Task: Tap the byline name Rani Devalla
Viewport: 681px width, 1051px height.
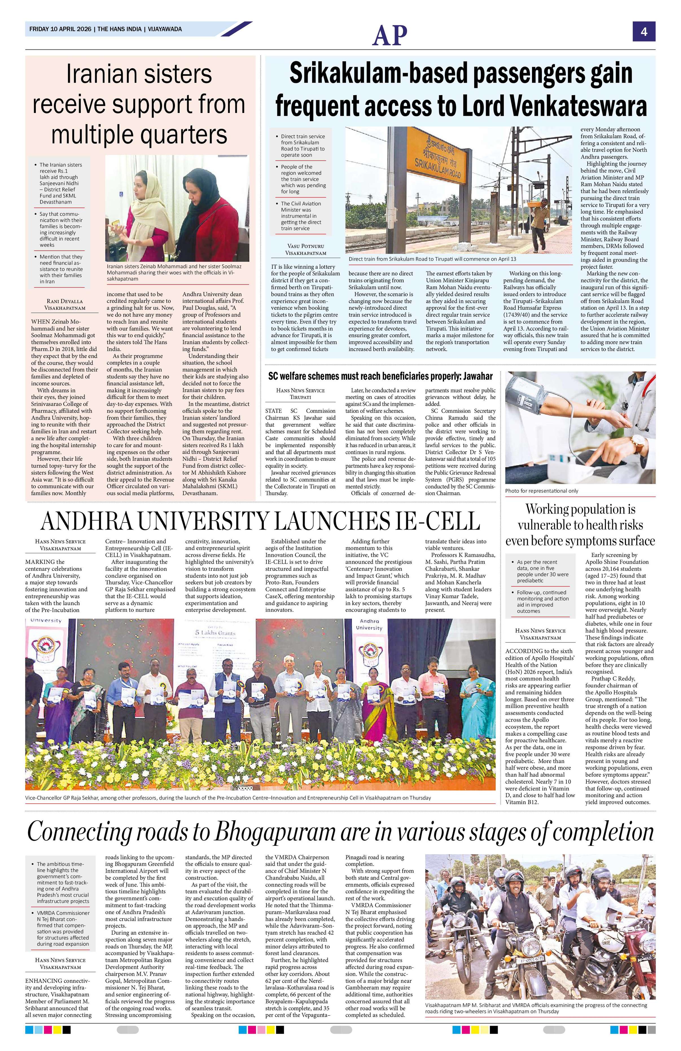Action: [x=65, y=301]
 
